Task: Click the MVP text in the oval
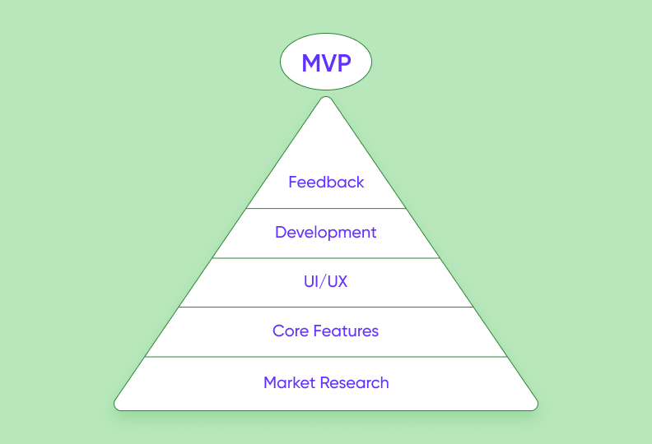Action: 326,63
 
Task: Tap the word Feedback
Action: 326,182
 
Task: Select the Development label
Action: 325,233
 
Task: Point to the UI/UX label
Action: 325,281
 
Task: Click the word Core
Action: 291,331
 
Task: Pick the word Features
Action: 346,331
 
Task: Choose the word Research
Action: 354,382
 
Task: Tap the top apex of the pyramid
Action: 326,97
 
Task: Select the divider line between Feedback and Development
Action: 326,209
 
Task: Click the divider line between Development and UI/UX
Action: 326,258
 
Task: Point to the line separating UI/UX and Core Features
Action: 326,308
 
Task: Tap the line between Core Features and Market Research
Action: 326,357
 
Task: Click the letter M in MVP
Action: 310,63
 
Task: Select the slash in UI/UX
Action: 324,281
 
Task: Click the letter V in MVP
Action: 328,63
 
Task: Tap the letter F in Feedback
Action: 293,182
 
